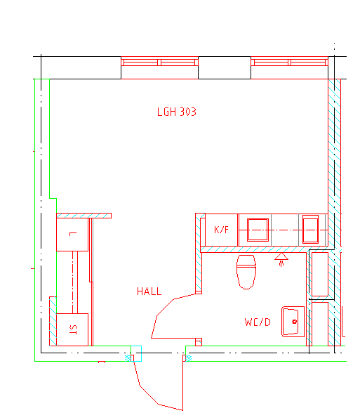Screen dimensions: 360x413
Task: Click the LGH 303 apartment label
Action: pos(177,112)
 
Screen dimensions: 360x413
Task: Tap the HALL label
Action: pos(149,291)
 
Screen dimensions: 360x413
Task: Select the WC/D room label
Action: pos(258,322)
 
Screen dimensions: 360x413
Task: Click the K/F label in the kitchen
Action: pos(221,230)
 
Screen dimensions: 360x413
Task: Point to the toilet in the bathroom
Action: pos(246,272)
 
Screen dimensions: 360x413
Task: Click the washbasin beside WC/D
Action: pos(293,322)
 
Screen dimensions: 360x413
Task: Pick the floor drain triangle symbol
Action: pos(281,256)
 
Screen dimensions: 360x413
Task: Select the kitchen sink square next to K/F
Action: pos(258,230)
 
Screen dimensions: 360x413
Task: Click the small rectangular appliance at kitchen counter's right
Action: pos(310,229)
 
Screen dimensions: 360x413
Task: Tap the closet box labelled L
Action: pos(72,235)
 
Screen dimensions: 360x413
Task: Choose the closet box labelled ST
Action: pos(72,329)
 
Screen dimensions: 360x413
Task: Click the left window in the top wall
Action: pos(159,62)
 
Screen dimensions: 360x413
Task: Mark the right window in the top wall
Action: pos(289,62)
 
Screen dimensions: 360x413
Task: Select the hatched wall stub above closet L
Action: pos(84,216)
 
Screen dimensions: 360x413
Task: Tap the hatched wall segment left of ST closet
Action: pos(53,321)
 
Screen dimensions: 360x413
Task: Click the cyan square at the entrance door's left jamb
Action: pos(136,353)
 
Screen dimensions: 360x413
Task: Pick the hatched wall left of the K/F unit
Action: pos(199,254)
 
